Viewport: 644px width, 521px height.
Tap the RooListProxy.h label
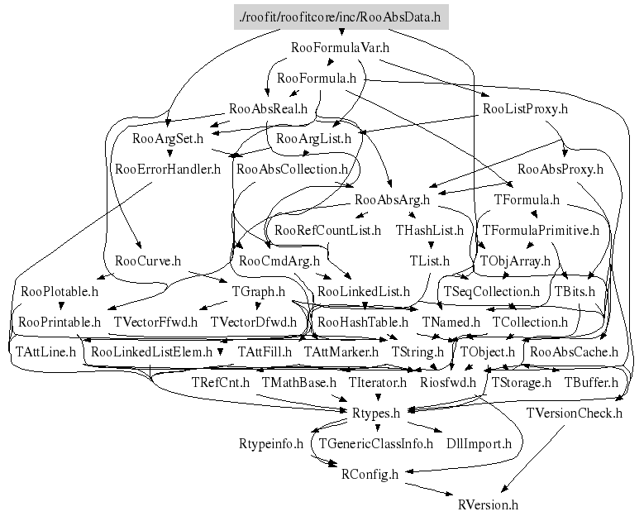pyautogui.click(x=524, y=108)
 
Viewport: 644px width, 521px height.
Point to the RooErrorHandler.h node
pyautogui.click(x=168, y=170)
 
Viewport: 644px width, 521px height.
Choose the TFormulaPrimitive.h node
pyautogui.click(x=541, y=230)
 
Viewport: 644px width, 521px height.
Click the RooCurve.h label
pyautogui.click(x=148, y=260)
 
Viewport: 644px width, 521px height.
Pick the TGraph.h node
pyautogui.click(x=258, y=291)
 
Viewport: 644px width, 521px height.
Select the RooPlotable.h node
pyautogui.click(x=60, y=291)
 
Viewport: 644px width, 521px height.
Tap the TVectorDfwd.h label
pyautogui.click(x=253, y=321)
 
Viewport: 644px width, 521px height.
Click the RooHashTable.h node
pyautogui.click(x=363, y=321)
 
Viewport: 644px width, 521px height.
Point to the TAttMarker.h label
pyautogui.click(x=341, y=351)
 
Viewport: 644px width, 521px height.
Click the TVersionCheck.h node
pyautogui.click(x=574, y=412)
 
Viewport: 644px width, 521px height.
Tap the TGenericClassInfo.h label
pyautogui.click(x=376, y=443)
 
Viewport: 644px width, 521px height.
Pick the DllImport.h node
pyautogui.click(x=479, y=443)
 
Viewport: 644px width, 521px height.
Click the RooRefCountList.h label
pyautogui.click(x=327, y=230)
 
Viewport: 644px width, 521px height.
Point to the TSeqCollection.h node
pyautogui.click(x=492, y=291)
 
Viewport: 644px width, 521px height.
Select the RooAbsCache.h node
pyautogui.click(x=574, y=351)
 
